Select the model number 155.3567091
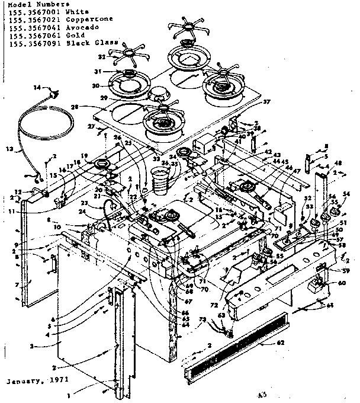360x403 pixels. tap(28, 43)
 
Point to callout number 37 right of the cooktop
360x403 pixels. tap(266, 101)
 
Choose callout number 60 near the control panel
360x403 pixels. tap(342, 283)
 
